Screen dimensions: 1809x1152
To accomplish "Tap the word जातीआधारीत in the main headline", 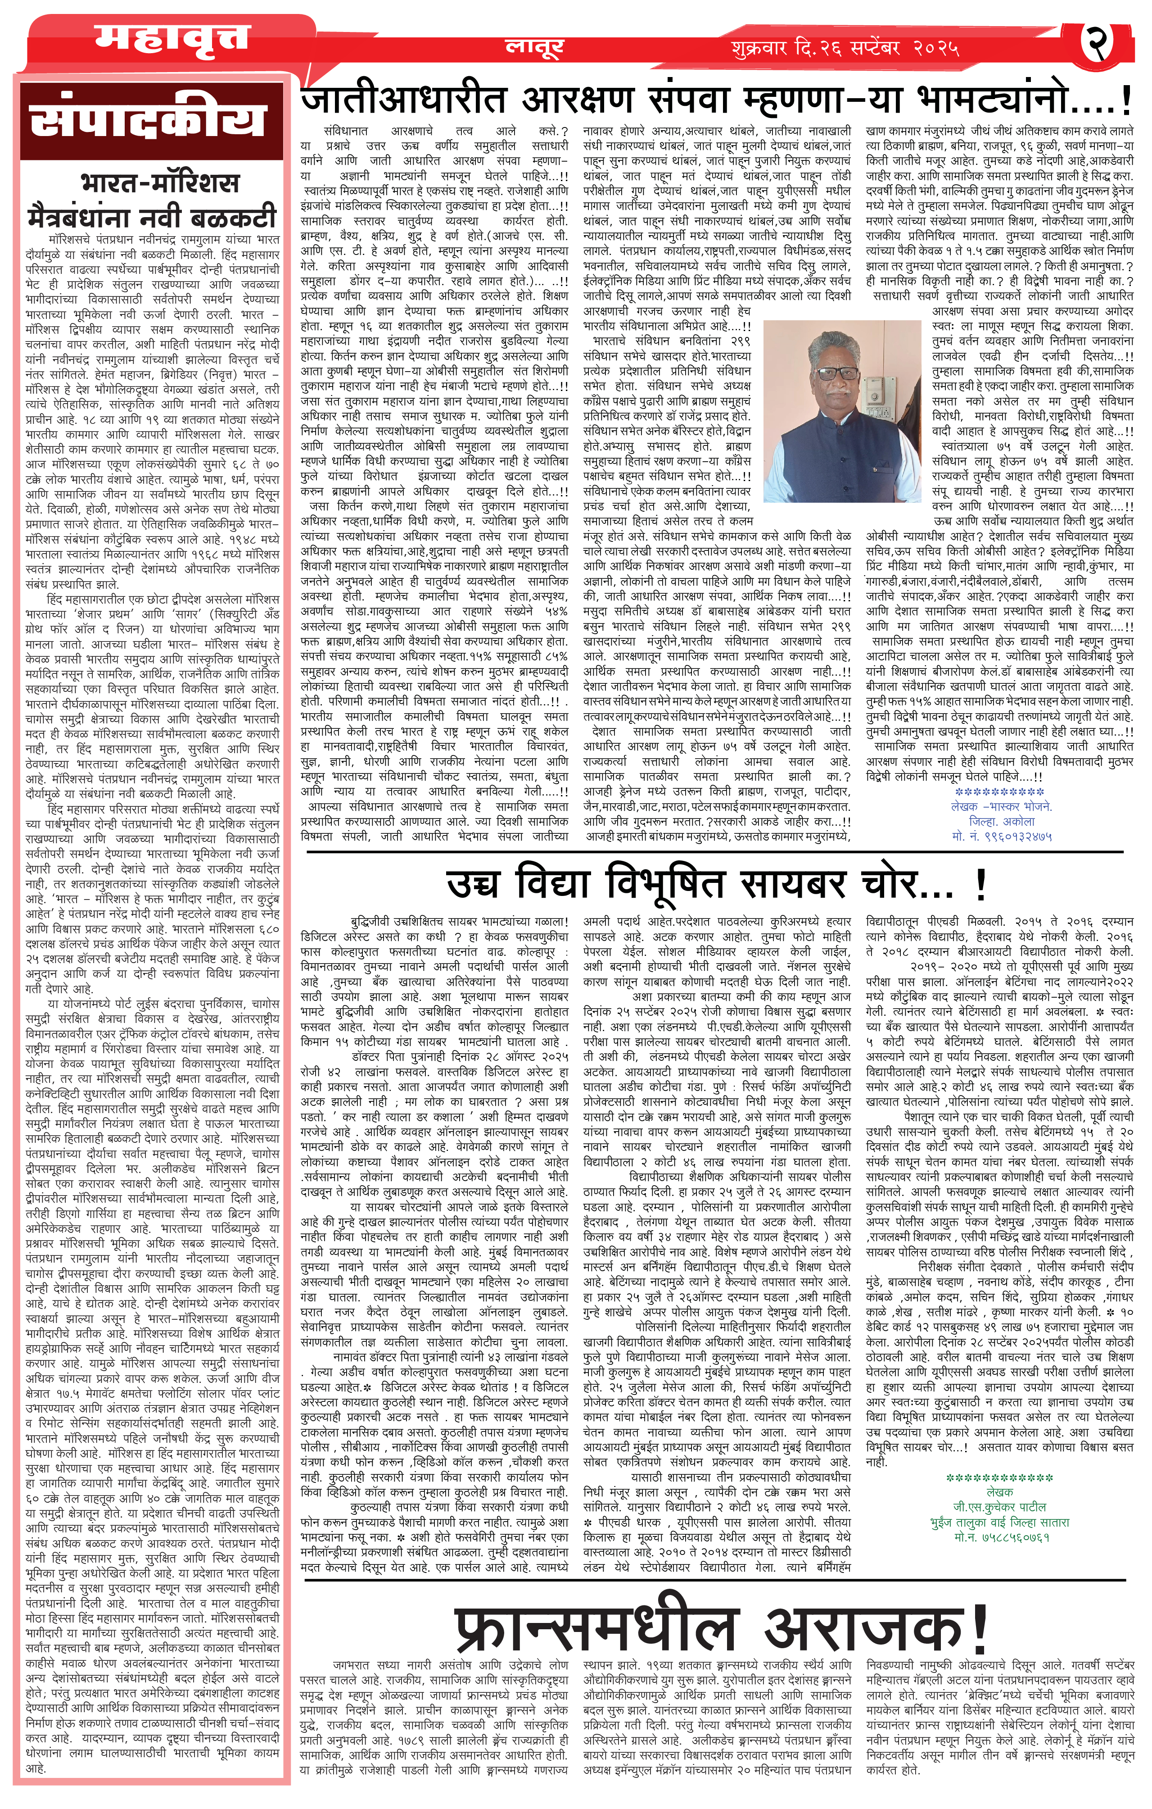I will [x=404, y=100].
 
